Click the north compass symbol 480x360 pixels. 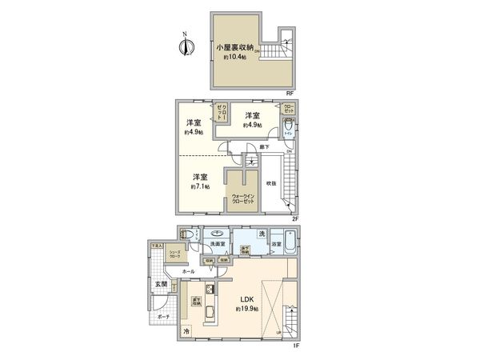point(185,46)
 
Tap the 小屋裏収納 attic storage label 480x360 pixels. point(236,47)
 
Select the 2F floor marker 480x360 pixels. point(294,217)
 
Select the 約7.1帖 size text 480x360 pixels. point(200,186)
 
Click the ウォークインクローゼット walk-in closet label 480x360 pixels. point(243,198)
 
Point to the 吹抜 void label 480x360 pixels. point(272,183)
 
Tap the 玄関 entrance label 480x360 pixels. point(162,284)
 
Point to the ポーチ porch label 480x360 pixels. point(163,317)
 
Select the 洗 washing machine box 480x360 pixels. point(262,233)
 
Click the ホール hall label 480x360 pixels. point(189,271)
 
